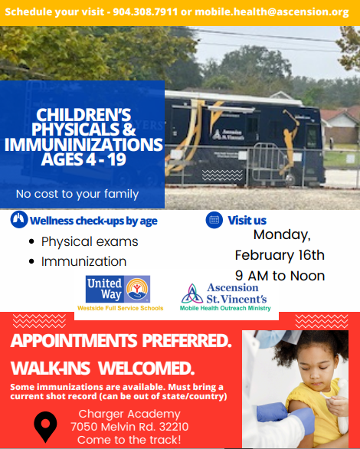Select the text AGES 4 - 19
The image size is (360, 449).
point(82,160)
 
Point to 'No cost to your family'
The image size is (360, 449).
point(77,194)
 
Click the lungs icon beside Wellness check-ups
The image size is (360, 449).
point(19,221)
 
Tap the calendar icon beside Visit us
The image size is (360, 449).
point(214,221)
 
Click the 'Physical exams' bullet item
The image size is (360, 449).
point(90,241)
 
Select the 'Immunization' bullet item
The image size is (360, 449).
point(83,261)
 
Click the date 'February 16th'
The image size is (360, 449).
point(280,255)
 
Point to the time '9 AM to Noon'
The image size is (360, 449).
point(280,276)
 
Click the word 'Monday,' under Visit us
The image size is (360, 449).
point(282,234)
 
